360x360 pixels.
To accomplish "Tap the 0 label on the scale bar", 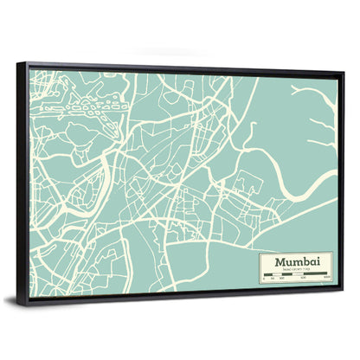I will click(x=262, y=280).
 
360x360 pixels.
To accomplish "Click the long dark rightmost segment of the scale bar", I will click(x=312, y=275).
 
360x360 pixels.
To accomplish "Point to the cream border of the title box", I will click(x=256, y=268).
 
